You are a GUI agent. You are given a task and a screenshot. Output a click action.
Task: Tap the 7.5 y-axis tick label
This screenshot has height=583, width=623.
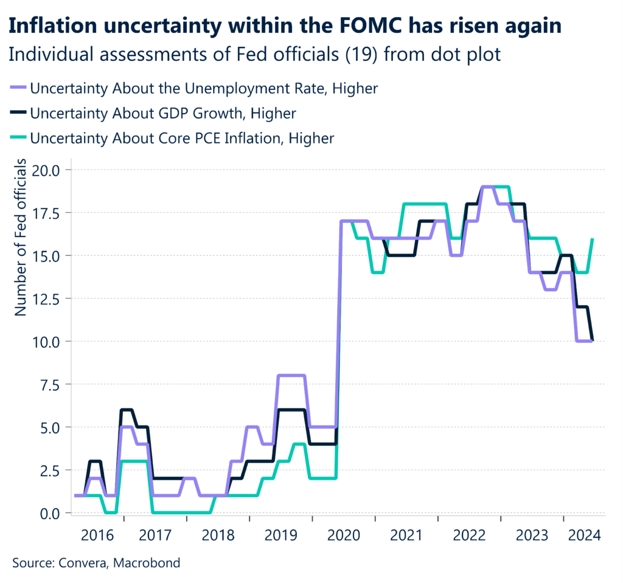pyautogui.click(x=54, y=384)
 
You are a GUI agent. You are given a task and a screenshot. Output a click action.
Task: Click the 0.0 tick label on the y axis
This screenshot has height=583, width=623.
pyautogui.click(x=54, y=513)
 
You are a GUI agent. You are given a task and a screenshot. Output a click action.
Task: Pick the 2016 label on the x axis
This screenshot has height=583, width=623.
pyautogui.click(x=98, y=536)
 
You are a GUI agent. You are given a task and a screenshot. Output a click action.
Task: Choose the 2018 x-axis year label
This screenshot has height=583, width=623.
pyautogui.click(x=218, y=536)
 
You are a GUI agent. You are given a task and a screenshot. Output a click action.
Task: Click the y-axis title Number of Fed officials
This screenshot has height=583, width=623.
pyautogui.click(x=20, y=238)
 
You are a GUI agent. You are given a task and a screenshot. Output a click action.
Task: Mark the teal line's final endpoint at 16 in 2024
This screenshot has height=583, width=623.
pyautogui.click(x=593, y=239)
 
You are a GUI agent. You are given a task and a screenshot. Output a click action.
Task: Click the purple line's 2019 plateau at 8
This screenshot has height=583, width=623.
pyautogui.click(x=291, y=376)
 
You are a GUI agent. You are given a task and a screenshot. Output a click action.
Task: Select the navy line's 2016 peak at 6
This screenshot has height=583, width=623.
pyautogui.click(x=127, y=410)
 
